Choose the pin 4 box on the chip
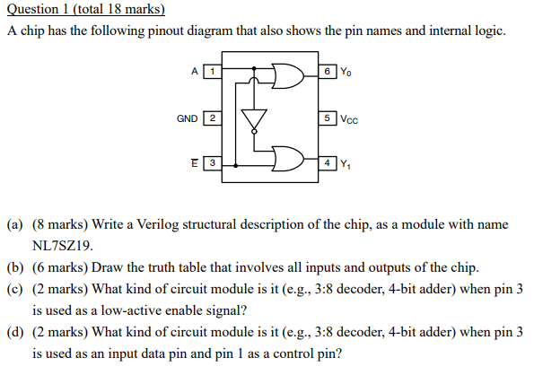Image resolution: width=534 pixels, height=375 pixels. (328, 164)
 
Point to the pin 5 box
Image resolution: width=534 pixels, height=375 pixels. (328, 118)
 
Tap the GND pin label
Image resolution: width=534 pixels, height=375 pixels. (187, 118)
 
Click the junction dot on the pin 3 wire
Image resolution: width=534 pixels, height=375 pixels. (235, 165)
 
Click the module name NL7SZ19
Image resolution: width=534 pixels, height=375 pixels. (63, 244)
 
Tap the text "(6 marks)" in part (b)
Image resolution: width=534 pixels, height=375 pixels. (57, 267)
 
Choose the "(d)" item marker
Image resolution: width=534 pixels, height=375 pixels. (16, 332)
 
